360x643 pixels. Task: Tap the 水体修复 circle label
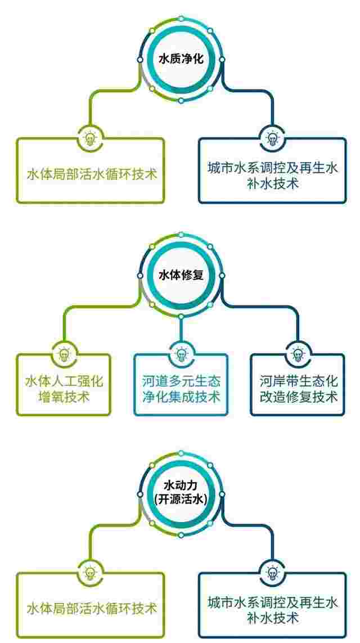181,275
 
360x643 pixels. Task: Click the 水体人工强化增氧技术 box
64,385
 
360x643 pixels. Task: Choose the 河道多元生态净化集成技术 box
181,385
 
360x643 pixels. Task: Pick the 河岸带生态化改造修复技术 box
298,385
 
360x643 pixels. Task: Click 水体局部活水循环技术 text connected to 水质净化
92,175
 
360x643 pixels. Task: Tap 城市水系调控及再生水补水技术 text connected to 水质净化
272,176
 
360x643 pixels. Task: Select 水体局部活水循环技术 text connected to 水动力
92,608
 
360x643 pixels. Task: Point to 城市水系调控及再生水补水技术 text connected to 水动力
272,610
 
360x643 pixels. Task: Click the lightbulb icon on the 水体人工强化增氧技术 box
64,353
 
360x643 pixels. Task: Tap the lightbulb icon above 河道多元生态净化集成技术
181,353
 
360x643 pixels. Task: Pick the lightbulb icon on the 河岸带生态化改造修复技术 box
298,353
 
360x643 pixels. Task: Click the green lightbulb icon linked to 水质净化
89,138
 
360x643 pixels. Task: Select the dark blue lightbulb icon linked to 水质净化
272,138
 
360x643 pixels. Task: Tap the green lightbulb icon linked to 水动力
89,572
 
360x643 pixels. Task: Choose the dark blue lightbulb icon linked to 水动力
272,572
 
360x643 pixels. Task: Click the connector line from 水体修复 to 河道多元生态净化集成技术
181,330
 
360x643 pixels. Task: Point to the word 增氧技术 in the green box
64,397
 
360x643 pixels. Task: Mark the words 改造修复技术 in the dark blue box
298,397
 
